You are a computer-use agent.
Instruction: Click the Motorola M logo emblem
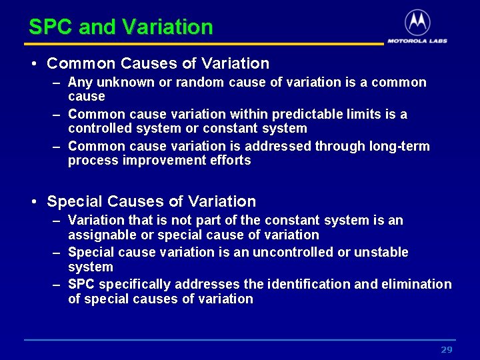coord(417,23)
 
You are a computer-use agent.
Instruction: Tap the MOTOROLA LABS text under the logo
coord(417,41)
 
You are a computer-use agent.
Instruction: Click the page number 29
coord(447,350)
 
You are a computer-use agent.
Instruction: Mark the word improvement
coord(161,161)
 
